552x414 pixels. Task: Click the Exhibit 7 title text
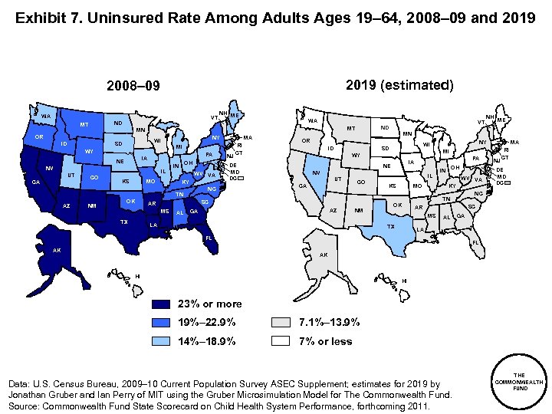pyautogui.click(x=275, y=16)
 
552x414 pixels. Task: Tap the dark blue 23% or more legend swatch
pyautogui.click(x=165, y=304)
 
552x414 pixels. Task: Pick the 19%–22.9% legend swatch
pyautogui.click(x=165, y=322)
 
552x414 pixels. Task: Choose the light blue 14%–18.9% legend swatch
pyautogui.click(x=165, y=341)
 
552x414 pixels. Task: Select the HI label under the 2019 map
pyautogui.click(x=403, y=281)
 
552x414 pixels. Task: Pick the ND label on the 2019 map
pyautogui.click(x=384, y=127)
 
